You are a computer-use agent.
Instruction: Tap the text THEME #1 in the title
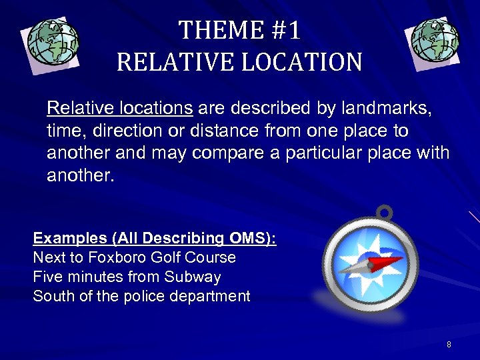coord(239,30)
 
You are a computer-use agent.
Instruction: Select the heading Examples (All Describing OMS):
coord(155,238)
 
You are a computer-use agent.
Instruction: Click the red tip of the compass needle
coord(393,260)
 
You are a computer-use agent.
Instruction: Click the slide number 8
coord(449,344)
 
